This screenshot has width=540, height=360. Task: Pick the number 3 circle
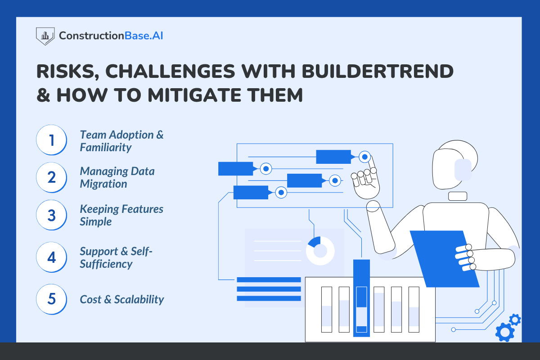point(52,215)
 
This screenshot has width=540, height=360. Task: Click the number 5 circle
point(52,299)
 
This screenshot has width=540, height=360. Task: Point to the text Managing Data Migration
point(117,177)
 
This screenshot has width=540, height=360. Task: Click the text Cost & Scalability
point(121,299)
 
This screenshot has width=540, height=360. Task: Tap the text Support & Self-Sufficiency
point(116,257)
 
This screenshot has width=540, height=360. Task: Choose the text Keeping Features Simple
point(121,215)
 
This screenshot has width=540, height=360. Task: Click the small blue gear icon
point(515,320)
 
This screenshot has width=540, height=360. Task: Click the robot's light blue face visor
point(463,170)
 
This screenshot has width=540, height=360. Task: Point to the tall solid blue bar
point(361,297)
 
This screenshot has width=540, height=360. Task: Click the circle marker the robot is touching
point(365,157)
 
